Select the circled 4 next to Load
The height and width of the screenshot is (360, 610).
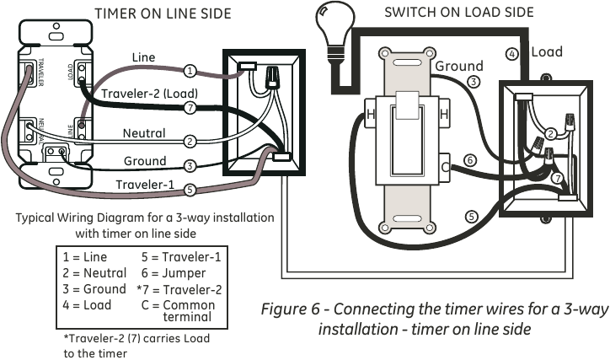coord(511,54)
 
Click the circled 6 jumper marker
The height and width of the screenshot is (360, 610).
coord(471,160)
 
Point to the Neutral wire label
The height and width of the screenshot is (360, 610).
coord(144,133)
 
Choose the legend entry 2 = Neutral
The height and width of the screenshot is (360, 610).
coord(94,272)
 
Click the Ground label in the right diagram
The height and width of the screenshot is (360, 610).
coord(459,66)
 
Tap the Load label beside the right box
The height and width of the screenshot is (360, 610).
coord(547,51)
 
